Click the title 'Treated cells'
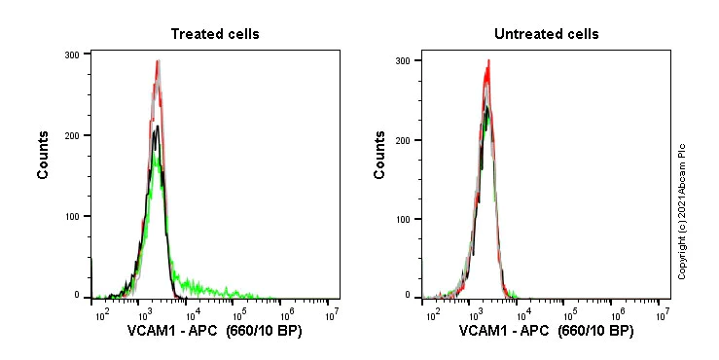(x=215, y=34)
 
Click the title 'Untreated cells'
(x=546, y=34)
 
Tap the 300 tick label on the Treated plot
(x=71, y=54)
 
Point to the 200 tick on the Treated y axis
(x=71, y=135)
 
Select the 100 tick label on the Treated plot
(x=71, y=215)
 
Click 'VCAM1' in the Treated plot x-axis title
(x=151, y=332)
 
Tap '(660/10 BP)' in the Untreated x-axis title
(x=593, y=332)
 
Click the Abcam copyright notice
(x=683, y=210)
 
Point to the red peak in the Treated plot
(x=157, y=62)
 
